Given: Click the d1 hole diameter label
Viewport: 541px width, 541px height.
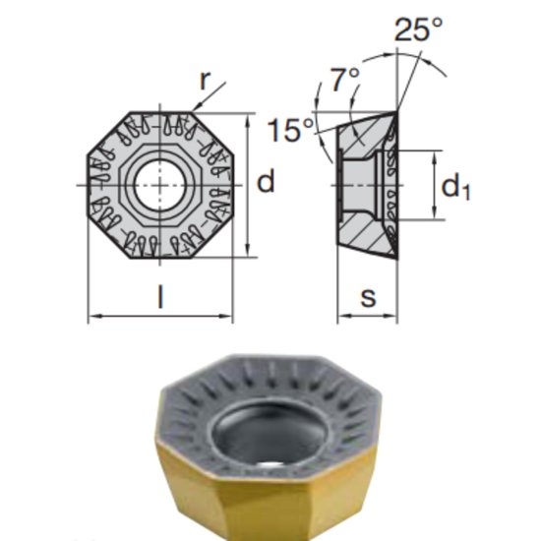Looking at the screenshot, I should (453, 186).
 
